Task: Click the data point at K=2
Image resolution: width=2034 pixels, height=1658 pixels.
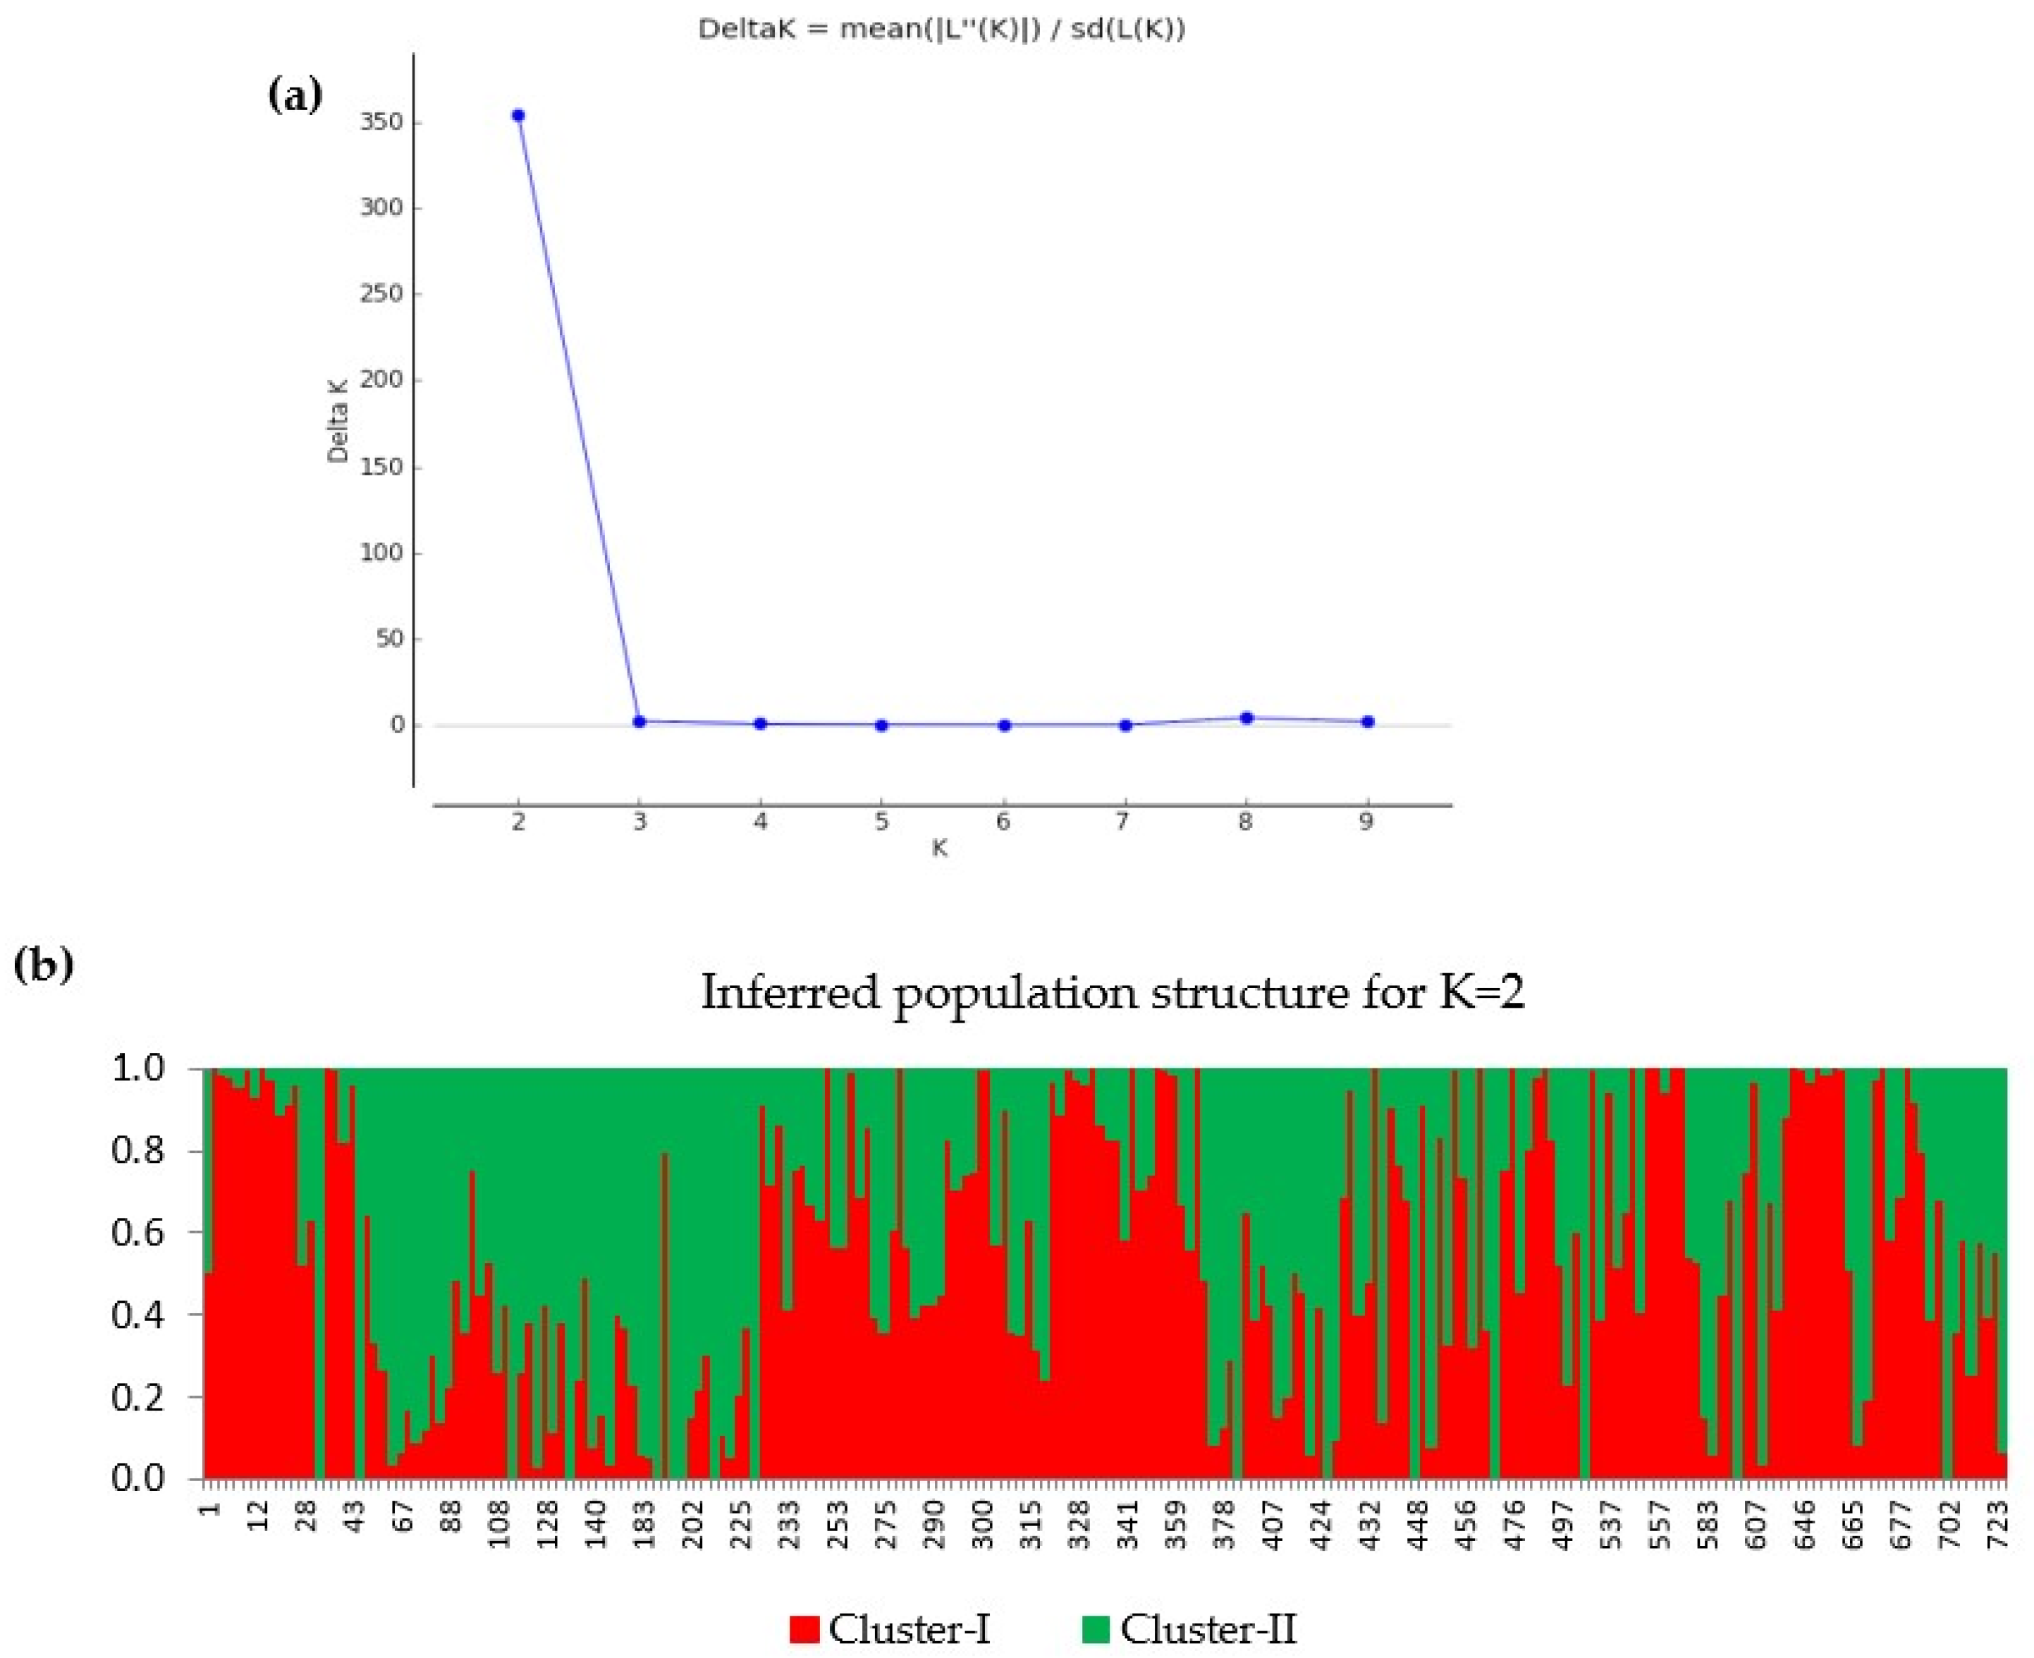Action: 517,116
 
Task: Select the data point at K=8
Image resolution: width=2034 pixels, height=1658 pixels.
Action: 1246,717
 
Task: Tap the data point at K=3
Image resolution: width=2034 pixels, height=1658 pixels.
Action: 639,721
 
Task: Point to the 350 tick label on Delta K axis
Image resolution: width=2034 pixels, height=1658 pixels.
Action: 381,123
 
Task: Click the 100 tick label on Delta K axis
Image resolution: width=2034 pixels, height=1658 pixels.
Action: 381,553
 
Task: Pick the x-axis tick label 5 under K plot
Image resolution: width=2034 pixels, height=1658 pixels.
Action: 881,822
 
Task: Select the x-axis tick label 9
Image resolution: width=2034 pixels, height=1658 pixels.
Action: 1366,822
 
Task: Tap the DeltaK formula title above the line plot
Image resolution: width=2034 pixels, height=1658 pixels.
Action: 941,30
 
